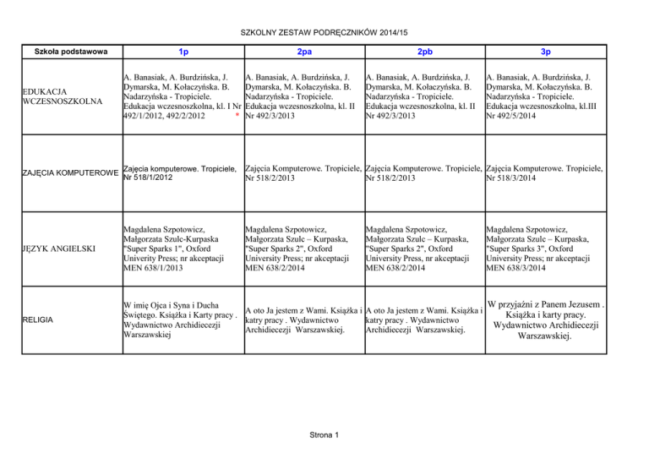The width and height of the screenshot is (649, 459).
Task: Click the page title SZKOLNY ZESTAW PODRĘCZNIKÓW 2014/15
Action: (324, 31)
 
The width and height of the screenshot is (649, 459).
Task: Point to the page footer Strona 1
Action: (324, 434)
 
